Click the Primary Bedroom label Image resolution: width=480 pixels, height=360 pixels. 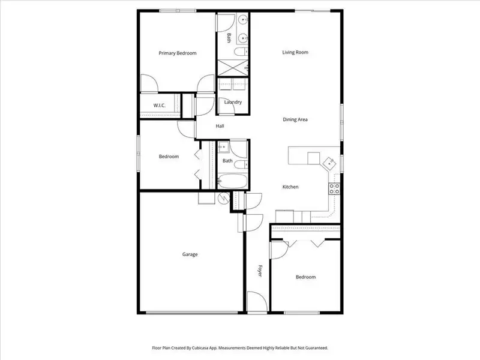tap(178, 53)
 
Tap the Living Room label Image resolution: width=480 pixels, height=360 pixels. tap(295, 52)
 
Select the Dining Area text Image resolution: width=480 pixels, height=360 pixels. tap(295, 120)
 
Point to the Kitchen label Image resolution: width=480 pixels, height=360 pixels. tap(290, 187)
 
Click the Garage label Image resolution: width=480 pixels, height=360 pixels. tap(190, 254)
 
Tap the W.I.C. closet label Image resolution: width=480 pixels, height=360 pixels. tap(159, 106)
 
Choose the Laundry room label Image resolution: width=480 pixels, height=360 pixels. tap(233, 102)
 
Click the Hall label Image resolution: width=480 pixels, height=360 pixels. tap(220, 126)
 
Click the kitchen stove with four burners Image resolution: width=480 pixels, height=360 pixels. tap(334, 189)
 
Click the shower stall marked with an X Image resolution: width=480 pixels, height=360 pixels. tap(232, 67)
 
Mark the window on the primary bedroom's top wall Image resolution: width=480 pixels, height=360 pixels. tap(177, 10)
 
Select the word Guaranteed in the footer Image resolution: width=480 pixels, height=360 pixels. tap(313, 348)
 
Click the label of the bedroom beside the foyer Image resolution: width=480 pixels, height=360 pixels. tap(305, 277)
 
